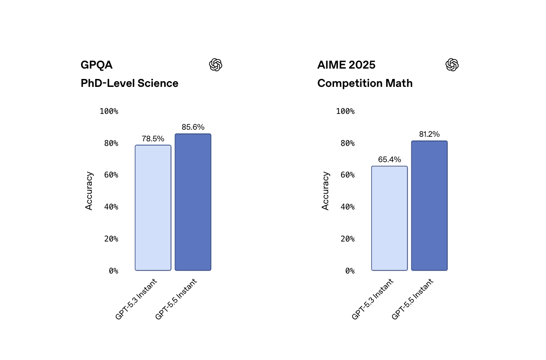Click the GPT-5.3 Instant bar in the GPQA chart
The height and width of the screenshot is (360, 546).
[x=153, y=208]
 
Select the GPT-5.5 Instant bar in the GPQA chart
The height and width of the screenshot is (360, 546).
[x=193, y=202]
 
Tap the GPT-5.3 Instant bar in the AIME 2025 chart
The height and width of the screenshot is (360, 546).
[x=389, y=218]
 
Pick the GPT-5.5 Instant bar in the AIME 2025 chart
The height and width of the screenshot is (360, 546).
[x=430, y=206]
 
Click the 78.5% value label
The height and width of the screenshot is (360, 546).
[x=153, y=139]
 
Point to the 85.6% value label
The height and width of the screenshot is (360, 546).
[x=193, y=127]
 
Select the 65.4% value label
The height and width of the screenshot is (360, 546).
[x=389, y=160]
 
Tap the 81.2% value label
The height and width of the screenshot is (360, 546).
[x=430, y=134]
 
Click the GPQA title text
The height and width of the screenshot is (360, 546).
[x=96, y=65]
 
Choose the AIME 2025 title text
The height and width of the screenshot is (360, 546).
[x=347, y=65]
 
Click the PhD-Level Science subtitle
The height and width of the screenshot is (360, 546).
[x=129, y=83]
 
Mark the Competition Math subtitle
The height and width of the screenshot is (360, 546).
[x=365, y=83]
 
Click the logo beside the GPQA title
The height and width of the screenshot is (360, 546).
[x=216, y=65]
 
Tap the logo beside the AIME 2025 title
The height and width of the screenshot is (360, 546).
[x=452, y=65]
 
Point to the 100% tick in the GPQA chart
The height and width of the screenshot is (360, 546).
[x=109, y=111]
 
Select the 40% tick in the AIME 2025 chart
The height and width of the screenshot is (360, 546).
[x=348, y=207]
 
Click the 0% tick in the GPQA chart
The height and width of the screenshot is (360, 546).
[x=113, y=271]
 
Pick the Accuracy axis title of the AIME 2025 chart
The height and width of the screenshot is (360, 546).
[x=325, y=191]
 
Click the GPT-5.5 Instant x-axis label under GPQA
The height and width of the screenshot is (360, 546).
[x=176, y=299]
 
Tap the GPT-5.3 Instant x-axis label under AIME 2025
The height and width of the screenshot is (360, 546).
[x=372, y=299]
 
